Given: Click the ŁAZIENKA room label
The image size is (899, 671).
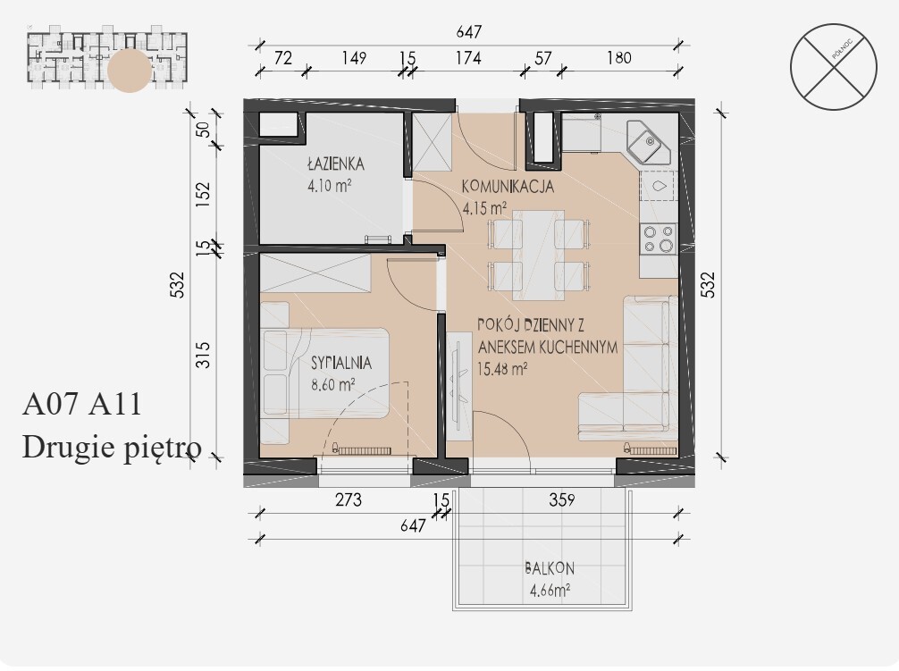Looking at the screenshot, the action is tap(335, 164).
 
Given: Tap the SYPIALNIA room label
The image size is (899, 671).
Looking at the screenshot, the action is tap(341, 363).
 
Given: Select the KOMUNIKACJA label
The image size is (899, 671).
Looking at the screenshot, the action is tap(508, 186).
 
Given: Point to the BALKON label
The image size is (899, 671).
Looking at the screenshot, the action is tap(550, 568).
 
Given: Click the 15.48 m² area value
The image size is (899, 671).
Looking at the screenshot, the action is tap(502, 369).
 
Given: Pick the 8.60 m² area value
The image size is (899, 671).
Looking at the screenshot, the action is tap(332, 384).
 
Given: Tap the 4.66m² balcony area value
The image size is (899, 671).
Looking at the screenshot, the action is tap(550, 590).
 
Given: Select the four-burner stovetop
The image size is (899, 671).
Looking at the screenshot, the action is tap(659, 239).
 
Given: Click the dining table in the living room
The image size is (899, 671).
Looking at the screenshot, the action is tap(538, 255).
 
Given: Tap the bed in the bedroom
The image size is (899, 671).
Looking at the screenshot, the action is tap(325, 373).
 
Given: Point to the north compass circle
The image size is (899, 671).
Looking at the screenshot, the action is tap(833, 66).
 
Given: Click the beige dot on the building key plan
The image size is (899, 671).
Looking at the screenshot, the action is tap(130, 71).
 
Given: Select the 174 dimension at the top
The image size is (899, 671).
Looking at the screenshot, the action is tap(468, 58).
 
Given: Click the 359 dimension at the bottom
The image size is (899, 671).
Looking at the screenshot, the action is tap(562, 500).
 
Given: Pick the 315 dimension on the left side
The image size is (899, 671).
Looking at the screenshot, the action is tap(204, 355).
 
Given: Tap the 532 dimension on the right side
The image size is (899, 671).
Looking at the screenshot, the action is tap(709, 284).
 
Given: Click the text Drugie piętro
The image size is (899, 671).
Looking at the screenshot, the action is tap(112, 447).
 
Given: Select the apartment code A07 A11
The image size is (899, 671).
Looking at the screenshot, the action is tap(82, 404).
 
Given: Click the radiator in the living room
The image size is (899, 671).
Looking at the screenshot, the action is tap(651, 449).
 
